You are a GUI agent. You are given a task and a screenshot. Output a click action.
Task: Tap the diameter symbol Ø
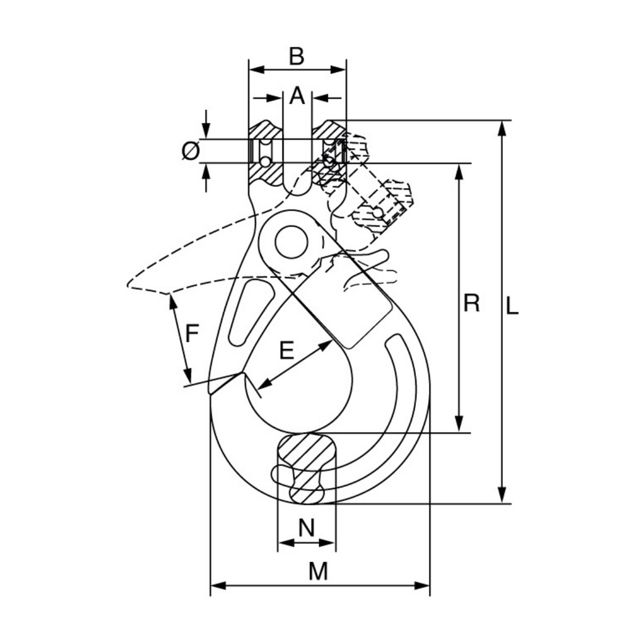pos(191,151)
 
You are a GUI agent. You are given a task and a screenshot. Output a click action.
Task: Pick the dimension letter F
pos(192,334)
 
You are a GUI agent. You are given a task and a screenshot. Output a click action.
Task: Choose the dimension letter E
pos(286,350)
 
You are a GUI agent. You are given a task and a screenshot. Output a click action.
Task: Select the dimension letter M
pos(318,571)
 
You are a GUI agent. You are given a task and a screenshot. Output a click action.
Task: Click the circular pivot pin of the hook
pos(292,242)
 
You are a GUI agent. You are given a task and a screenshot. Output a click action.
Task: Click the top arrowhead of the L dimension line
pos(503,127)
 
